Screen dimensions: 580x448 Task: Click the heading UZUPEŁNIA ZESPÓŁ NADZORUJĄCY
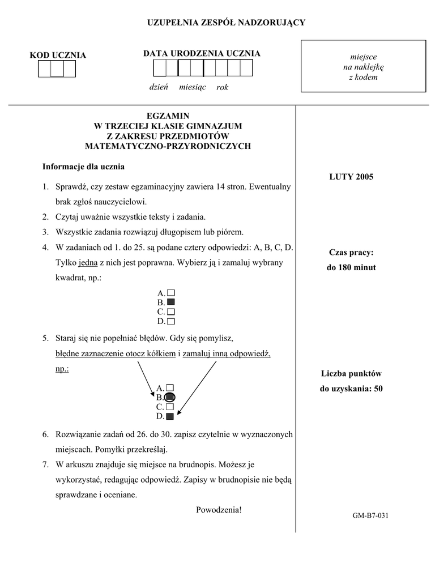click(226, 23)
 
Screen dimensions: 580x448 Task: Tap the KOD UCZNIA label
click(58, 55)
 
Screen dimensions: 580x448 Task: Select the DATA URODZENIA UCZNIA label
click(202, 53)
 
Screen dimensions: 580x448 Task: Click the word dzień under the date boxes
click(159, 87)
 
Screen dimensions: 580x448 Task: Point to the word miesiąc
click(193, 87)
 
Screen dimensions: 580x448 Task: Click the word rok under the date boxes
click(222, 87)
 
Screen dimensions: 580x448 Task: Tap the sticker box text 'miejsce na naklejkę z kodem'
click(362, 67)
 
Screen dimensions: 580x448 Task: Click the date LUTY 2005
click(351, 177)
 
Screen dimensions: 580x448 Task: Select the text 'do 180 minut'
click(351, 267)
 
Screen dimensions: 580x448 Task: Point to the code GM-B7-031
click(370, 515)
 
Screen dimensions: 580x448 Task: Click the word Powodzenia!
click(219, 509)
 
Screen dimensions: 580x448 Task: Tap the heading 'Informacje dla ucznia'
click(83, 167)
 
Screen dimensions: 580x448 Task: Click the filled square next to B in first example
click(171, 302)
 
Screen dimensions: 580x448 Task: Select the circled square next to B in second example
click(171, 398)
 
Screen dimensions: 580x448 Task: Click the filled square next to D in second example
click(170, 416)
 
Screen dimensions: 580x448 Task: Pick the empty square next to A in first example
click(171, 293)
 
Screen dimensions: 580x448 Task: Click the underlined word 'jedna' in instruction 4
click(88, 263)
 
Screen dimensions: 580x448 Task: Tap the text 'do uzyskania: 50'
click(351, 389)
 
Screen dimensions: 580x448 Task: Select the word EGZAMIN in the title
click(168, 116)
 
